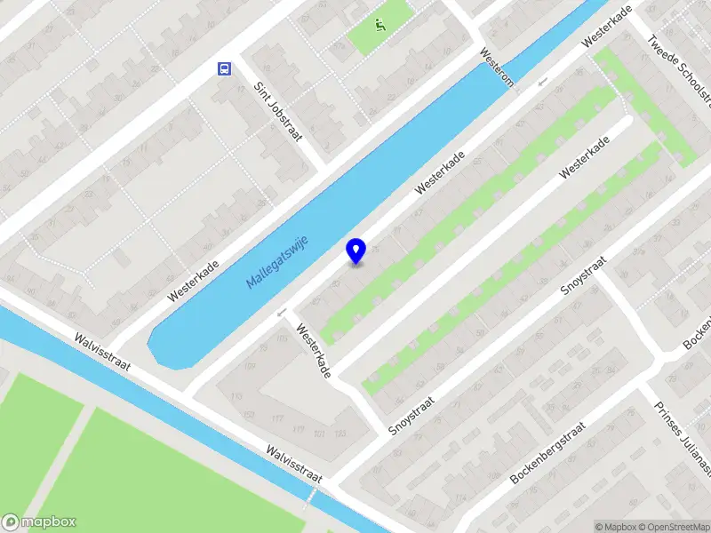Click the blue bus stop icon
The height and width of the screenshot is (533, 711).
[224, 68]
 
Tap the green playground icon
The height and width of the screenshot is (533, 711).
[380, 25]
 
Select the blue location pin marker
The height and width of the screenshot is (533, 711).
[355, 251]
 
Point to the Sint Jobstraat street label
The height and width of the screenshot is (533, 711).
[278, 112]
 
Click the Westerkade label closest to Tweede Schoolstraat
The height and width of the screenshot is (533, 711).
[607, 28]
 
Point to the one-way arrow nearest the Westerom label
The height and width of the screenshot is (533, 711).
[541, 83]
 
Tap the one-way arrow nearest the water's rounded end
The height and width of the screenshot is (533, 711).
[282, 312]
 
